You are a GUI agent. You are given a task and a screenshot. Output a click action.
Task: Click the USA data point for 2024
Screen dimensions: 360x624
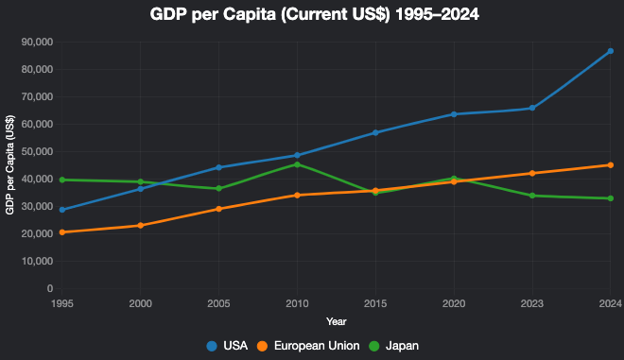click(610, 51)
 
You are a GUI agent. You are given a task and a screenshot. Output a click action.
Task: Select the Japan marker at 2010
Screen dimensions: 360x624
click(297, 164)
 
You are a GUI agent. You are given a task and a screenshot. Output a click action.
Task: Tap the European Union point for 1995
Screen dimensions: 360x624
click(62, 232)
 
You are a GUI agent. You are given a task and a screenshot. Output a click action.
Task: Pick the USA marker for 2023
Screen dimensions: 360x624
click(532, 108)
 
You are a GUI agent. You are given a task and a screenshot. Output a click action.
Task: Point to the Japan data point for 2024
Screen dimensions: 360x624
click(610, 198)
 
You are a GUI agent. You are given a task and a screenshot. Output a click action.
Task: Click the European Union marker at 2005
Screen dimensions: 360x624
click(219, 209)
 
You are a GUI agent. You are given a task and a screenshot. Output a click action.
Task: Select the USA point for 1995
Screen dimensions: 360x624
click(62, 210)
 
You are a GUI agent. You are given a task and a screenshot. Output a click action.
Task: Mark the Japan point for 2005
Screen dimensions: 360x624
click(219, 188)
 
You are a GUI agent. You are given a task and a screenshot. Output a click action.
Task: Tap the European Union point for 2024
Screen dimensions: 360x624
click(610, 165)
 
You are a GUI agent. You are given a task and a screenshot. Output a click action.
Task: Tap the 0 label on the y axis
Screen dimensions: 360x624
click(49, 288)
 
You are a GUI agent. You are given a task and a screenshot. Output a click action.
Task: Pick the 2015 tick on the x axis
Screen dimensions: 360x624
click(375, 303)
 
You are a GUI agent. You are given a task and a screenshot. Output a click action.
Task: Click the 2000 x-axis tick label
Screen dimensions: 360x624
click(141, 303)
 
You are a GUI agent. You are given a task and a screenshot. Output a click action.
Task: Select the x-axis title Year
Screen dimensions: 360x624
click(336, 322)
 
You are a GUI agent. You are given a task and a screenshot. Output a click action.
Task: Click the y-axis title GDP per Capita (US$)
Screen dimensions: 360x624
click(10, 165)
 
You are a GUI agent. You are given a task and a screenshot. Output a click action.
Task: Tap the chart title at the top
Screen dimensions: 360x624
click(311, 15)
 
